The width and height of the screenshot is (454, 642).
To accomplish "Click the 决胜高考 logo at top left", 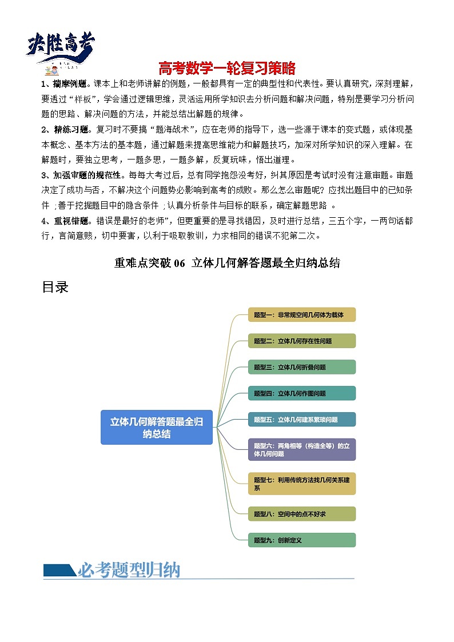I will [61, 49].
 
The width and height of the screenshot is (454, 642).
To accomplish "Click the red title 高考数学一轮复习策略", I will [227, 69].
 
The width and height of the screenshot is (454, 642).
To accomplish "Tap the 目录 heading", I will [55, 287].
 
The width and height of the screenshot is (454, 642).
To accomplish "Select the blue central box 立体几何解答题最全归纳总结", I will [156, 427].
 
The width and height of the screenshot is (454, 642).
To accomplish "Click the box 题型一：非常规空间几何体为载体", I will [302, 314].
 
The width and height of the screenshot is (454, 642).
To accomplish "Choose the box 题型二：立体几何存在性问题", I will [302, 341].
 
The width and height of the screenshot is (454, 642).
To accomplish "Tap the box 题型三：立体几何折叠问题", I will [302, 367].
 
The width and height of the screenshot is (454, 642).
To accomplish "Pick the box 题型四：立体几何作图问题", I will [302, 393].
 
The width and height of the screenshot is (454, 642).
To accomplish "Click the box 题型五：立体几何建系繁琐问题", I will [302, 420].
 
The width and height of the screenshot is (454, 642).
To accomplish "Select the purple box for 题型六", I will [302, 449].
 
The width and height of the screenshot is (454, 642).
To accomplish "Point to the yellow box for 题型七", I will [302, 484].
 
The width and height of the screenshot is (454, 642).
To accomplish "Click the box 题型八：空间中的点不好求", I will [302, 514].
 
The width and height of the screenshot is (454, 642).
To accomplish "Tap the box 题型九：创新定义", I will [302, 540].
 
